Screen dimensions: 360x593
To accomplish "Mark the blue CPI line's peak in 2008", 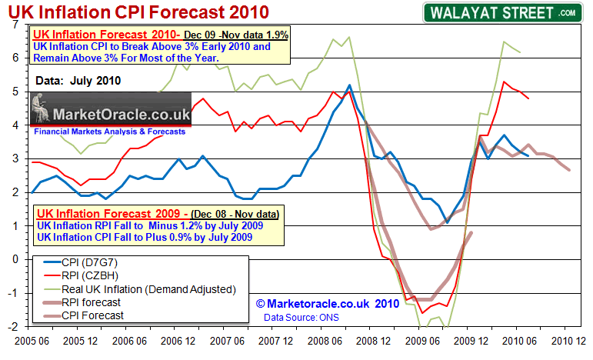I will (350, 85).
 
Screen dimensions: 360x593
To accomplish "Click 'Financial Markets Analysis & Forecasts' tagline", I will (109, 132).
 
